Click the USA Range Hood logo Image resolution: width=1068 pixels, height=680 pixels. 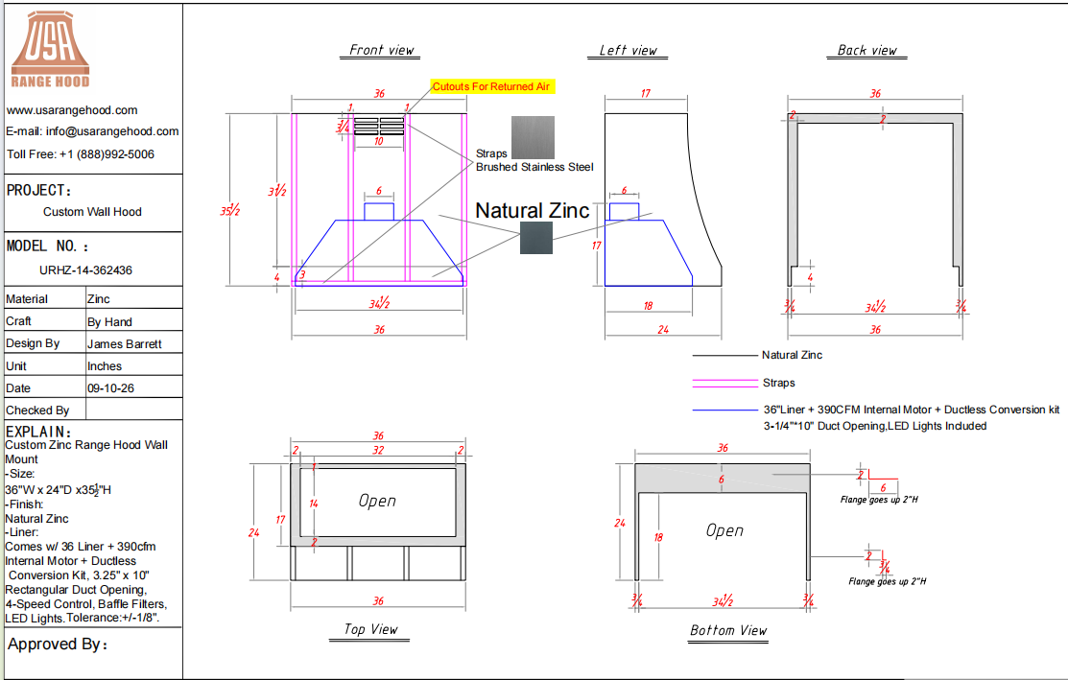(51, 50)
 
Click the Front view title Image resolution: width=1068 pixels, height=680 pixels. (382, 51)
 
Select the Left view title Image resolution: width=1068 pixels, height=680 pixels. (628, 51)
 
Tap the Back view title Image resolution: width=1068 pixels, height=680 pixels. (867, 51)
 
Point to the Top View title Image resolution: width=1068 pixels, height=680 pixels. (370, 629)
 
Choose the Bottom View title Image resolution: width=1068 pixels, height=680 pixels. (728, 631)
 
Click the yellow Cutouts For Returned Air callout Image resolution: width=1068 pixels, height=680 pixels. (491, 86)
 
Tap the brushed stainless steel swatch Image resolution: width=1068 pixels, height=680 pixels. (533, 137)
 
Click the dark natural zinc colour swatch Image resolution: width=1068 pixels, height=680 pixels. (536, 238)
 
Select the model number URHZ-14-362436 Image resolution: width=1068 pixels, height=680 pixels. (85, 270)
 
